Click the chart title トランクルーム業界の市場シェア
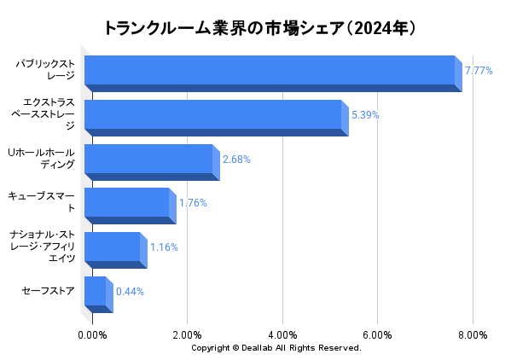(259, 28)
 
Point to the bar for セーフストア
(96, 293)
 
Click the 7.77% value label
(479, 71)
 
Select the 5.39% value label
(365, 115)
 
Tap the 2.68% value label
(236, 160)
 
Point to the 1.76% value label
(193, 203)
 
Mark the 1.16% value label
(164, 247)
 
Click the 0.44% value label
(130, 292)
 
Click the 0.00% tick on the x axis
(92, 334)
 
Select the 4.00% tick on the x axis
(282, 334)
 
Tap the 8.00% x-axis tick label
(473, 334)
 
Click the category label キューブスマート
(42, 202)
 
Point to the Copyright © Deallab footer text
(276, 348)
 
